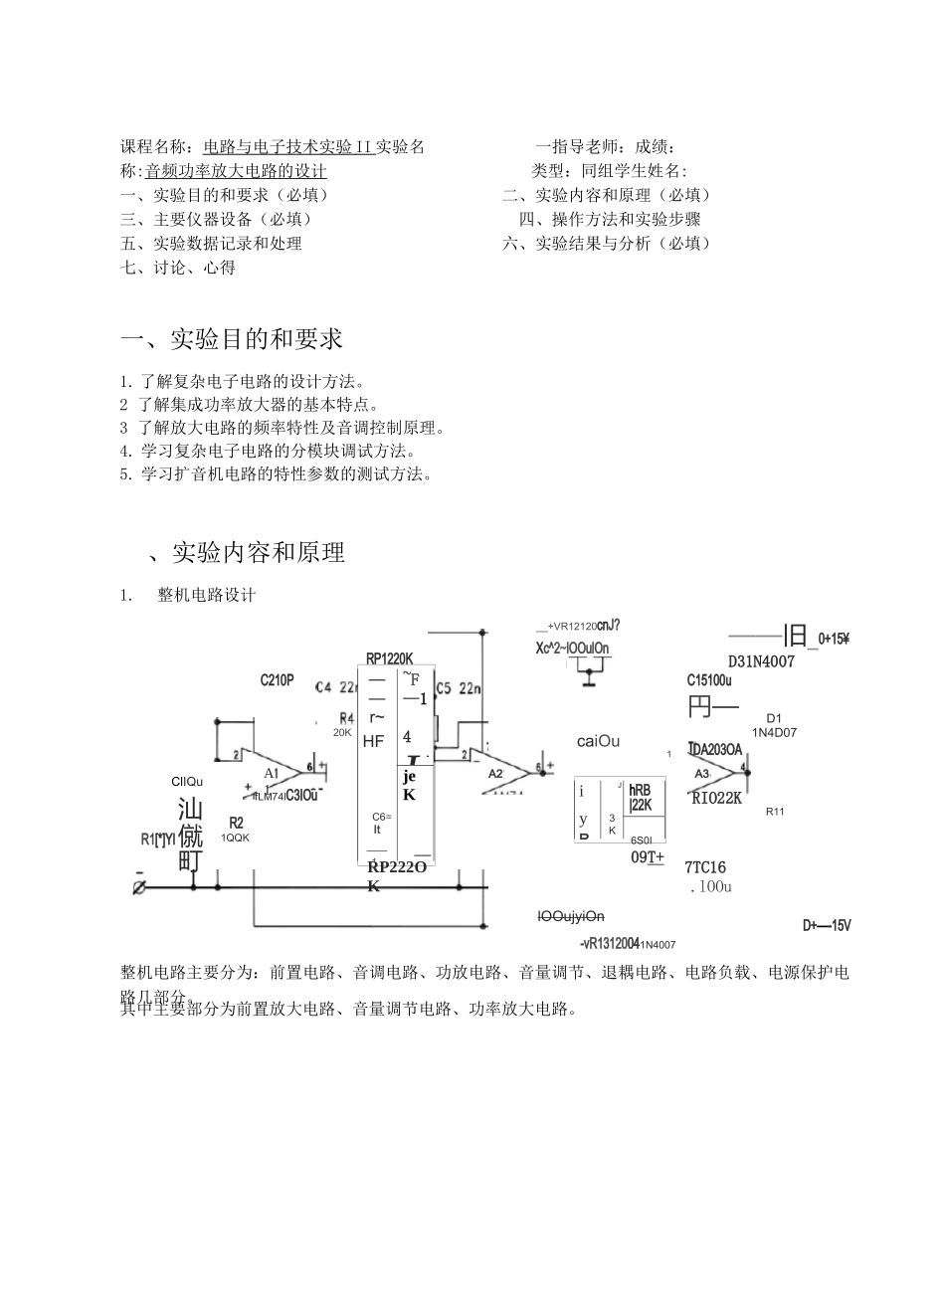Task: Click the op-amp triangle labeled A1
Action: pos(275,772)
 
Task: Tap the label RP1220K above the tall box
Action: pos(388,657)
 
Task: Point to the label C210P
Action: pos(277,680)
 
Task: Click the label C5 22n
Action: pos(458,687)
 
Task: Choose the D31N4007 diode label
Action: pos(761,661)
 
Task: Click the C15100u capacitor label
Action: pos(709,680)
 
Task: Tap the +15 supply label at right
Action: pos(834,639)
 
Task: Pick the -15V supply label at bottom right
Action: pos(827,925)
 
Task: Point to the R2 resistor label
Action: pos(236,823)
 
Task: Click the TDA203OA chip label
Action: pos(714,749)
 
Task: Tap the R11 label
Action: pos(775,812)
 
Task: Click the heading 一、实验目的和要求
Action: pos(231,339)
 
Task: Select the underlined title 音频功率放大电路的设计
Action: pos(236,171)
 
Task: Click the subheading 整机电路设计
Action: pos(206,595)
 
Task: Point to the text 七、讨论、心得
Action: pos(178,267)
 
